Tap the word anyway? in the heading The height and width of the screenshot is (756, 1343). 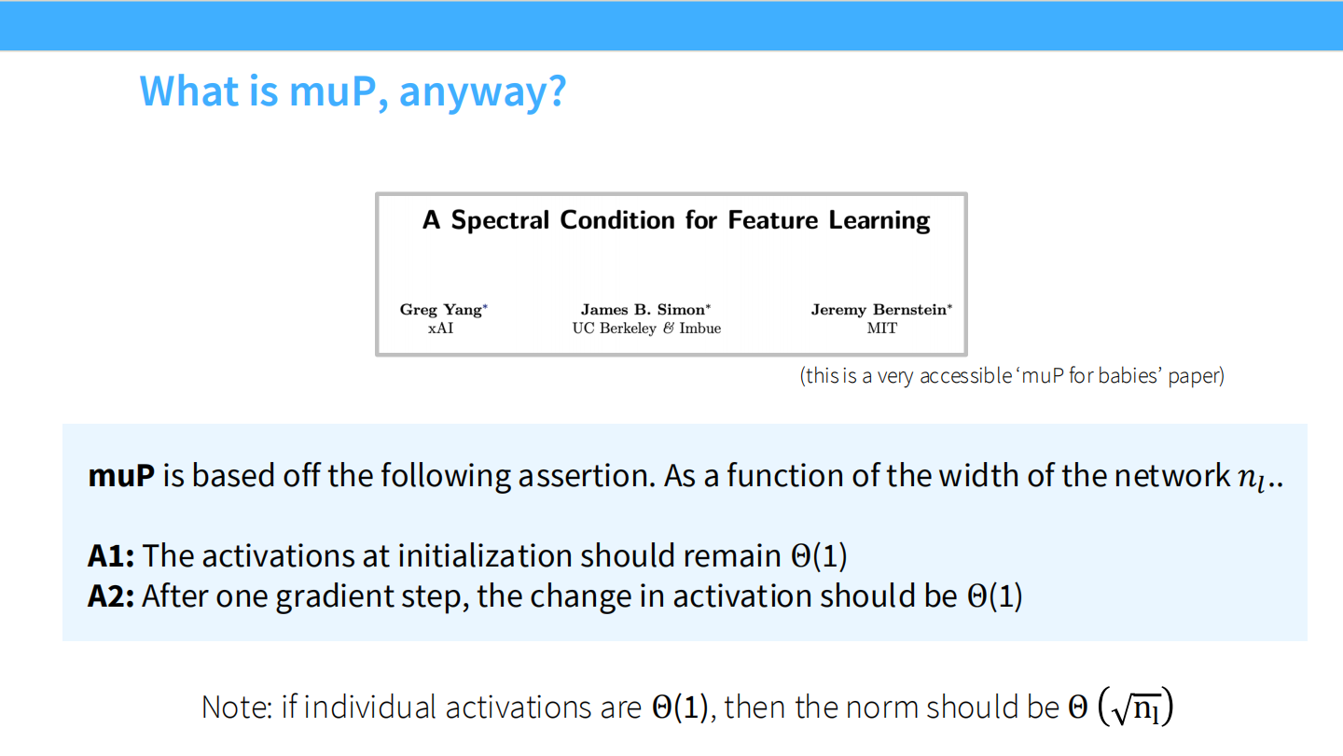point(482,93)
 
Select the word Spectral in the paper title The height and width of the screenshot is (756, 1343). point(500,221)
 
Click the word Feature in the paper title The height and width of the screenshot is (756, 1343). point(773,220)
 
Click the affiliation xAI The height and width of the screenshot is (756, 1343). point(440,329)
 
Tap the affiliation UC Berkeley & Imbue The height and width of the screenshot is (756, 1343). point(646,329)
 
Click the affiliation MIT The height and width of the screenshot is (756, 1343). point(881,329)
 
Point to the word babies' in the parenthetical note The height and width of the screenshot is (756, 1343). point(1129,375)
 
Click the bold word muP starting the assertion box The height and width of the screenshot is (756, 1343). point(121,476)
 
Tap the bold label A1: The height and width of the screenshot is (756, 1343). point(111,555)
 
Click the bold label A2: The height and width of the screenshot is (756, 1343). point(111,596)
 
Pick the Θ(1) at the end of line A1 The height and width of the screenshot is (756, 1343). point(819,555)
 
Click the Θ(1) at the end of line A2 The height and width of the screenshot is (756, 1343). point(994,596)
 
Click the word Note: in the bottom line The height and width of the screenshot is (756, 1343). point(238,707)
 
